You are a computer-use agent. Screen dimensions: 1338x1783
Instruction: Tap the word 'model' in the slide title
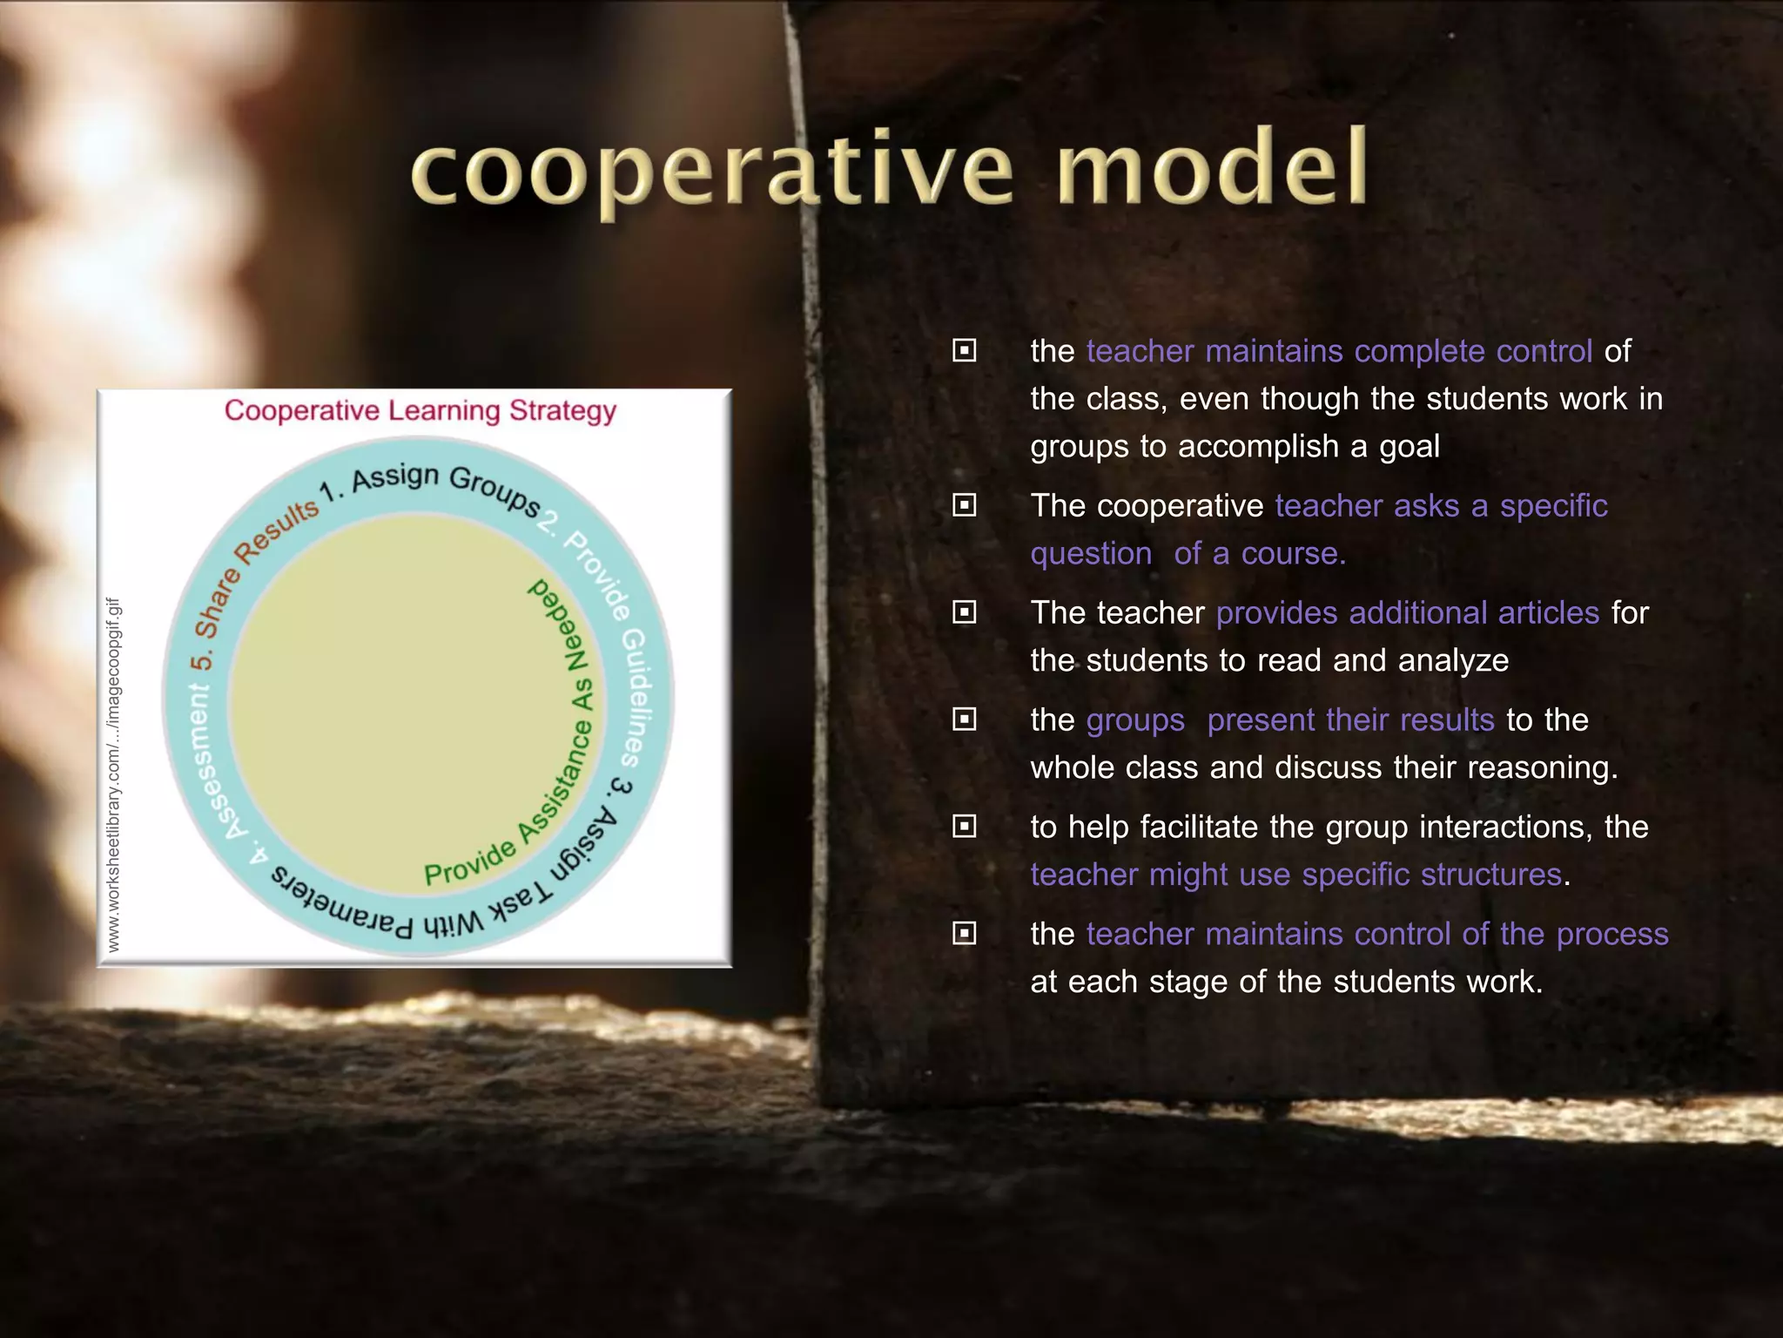tap(1213, 166)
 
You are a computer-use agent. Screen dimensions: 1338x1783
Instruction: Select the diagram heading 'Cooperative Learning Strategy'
tap(420, 410)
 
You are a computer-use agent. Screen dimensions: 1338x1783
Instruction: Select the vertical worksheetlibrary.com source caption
tap(113, 774)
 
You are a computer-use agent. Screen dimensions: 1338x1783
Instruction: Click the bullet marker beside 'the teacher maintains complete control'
tap(964, 351)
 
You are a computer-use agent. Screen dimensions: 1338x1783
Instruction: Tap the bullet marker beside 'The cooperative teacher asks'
tap(964, 505)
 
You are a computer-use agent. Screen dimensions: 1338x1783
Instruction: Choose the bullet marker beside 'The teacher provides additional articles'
tap(964, 612)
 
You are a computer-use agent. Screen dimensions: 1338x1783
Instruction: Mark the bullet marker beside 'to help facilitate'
tap(964, 827)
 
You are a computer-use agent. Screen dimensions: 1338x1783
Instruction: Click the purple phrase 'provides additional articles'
tap(1407, 612)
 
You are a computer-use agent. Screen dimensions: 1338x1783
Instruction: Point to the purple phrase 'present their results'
tap(1350, 720)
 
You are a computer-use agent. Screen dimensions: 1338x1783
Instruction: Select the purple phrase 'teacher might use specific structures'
tap(1295, 874)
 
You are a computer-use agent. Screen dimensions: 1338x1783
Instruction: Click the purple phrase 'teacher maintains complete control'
tap(1339, 351)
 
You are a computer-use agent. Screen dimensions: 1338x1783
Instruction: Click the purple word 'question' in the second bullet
tap(1091, 553)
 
